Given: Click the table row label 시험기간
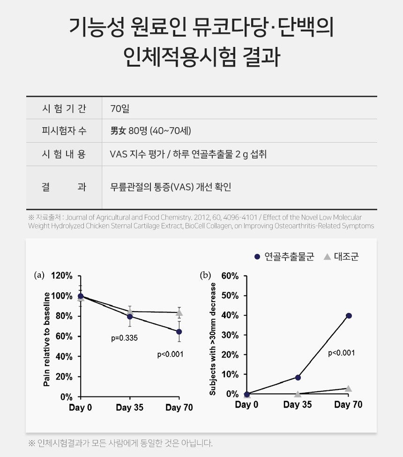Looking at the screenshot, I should click(x=64, y=108).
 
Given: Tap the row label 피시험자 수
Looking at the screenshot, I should click(x=64, y=131).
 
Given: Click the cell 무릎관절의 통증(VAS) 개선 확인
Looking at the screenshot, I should click(x=171, y=187).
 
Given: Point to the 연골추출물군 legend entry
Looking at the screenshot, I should click(x=284, y=257).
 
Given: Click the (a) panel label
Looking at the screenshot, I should click(x=39, y=275).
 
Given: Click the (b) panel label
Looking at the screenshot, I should click(x=205, y=275).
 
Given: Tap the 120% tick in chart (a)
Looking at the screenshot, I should click(x=62, y=276).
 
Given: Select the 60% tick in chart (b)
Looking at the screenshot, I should click(x=230, y=276).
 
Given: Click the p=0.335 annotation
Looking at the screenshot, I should click(x=124, y=337).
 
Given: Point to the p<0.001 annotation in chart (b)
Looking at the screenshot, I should click(x=341, y=353).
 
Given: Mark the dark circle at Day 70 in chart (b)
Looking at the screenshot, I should click(x=348, y=316).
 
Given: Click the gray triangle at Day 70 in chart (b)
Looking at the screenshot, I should click(x=348, y=388).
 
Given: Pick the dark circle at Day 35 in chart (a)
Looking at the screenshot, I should click(x=130, y=317).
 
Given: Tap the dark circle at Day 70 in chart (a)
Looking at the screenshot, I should click(x=179, y=332).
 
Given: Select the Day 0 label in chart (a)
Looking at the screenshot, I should click(x=80, y=408).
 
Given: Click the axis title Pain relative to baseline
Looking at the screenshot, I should click(x=47, y=339).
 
